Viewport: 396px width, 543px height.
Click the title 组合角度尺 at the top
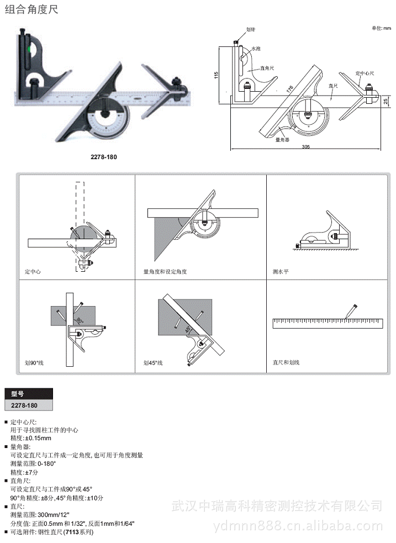point(31,9)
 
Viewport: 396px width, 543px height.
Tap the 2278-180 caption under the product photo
point(104,156)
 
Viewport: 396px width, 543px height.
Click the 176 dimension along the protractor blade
point(289,89)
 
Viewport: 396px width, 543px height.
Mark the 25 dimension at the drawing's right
point(386,101)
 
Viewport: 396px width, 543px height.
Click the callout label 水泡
point(256,49)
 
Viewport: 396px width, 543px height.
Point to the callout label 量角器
point(283,140)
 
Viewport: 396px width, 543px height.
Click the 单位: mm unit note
point(381,28)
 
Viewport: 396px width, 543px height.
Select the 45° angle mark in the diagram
point(187,330)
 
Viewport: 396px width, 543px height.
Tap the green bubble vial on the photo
point(24,54)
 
